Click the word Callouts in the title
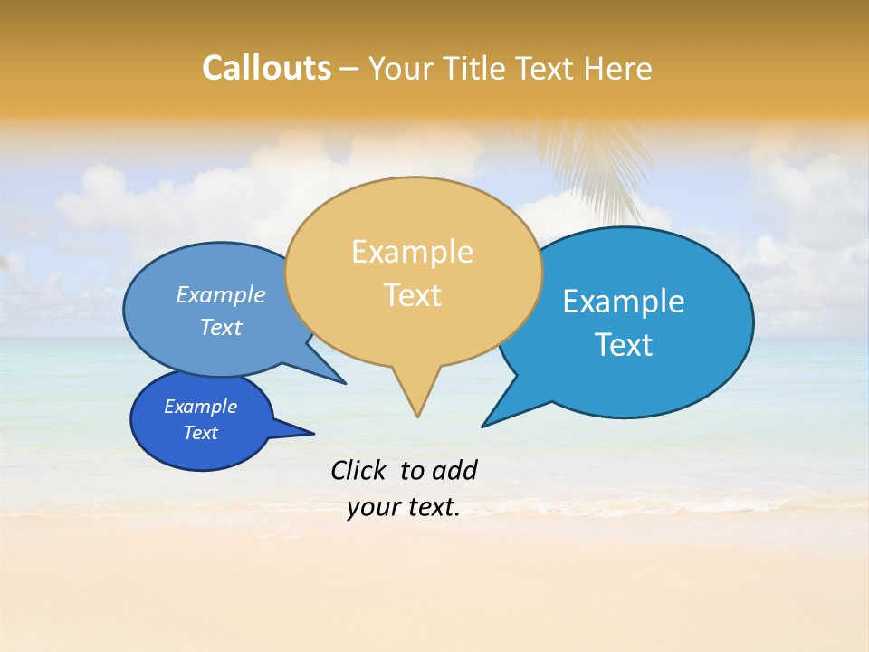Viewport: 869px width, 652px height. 266,68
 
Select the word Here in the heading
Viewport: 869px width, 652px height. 618,68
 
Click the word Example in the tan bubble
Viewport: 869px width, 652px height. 412,252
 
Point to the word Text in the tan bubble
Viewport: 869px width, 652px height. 412,295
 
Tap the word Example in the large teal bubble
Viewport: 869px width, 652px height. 624,302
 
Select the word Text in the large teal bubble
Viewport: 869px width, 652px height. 624,345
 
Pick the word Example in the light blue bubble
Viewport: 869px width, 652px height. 220,294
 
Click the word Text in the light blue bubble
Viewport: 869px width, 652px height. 220,328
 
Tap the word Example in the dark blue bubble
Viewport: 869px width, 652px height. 200,407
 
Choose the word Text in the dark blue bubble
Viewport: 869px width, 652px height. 200,433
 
